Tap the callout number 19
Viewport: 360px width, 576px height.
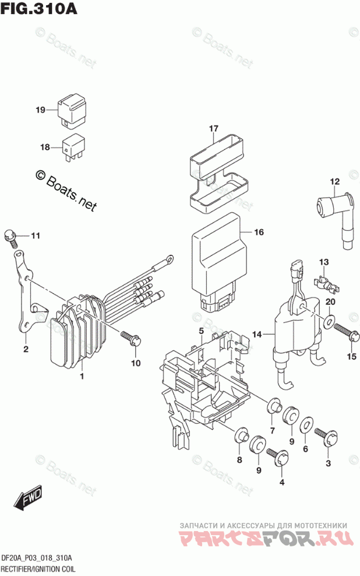point(40,110)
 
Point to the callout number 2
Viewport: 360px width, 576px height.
point(26,350)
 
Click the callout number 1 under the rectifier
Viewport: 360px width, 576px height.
point(82,377)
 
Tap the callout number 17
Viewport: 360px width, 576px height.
point(213,128)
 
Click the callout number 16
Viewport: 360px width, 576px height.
point(259,232)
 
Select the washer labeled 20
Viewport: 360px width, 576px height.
point(329,321)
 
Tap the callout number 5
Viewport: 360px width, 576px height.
point(200,332)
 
